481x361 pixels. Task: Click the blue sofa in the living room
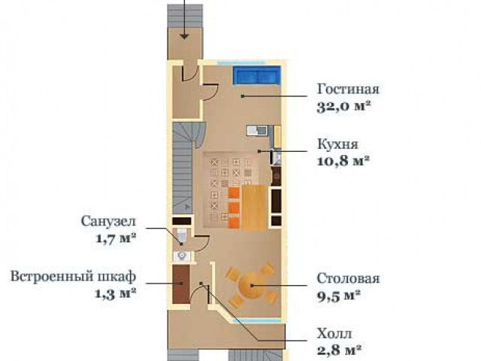click(257, 75)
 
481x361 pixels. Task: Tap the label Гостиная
click(348, 89)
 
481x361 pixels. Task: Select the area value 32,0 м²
click(343, 106)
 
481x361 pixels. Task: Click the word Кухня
click(337, 144)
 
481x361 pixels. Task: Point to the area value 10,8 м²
click(343, 161)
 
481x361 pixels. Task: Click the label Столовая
click(348, 278)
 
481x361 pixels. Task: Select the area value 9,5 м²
click(338, 296)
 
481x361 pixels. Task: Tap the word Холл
click(334, 334)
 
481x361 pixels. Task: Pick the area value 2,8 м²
click(339, 350)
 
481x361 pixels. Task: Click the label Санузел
click(108, 221)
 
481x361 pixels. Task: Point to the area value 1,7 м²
click(116, 238)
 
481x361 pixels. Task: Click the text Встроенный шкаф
click(74, 276)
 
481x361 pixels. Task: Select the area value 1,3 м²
click(115, 294)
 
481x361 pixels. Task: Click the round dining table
click(251, 285)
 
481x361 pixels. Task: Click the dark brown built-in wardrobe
click(181, 284)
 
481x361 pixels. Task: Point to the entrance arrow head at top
click(184, 37)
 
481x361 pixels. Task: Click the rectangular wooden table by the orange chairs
click(254, 208)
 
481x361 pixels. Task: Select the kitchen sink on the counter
click(257, 130)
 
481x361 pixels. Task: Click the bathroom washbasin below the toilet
click(182, 256)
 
